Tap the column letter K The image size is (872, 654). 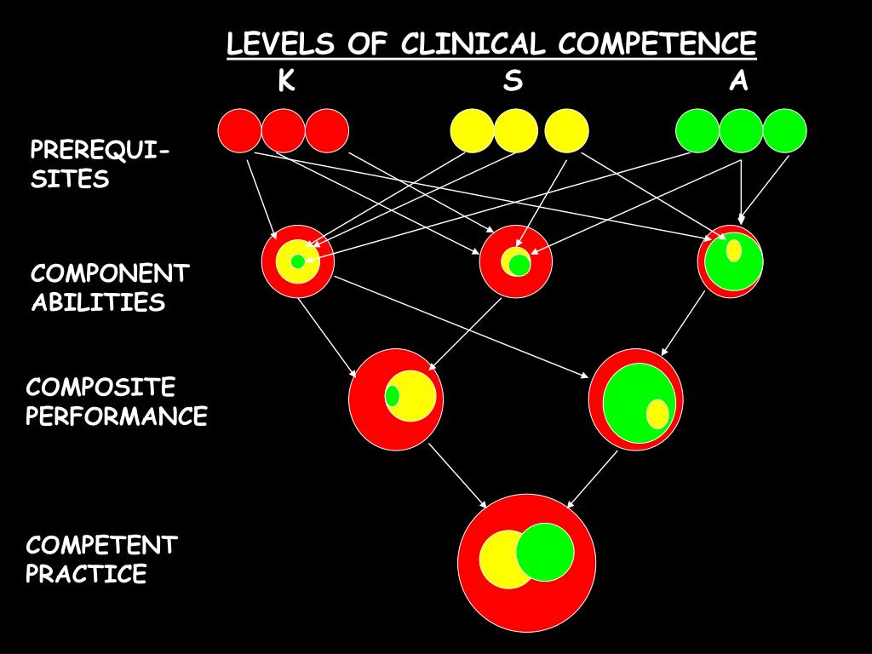click(286, 82)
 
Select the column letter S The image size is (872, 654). click(512, 82)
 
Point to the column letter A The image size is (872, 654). click(738, 82)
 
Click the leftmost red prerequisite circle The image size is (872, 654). click(239, 131)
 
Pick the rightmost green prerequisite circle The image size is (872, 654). click(784, 131)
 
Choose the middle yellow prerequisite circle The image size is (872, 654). click(516, 131)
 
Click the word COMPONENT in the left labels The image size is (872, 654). click(110, 273)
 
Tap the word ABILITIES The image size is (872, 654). click(98, 302)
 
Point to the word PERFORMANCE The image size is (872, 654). click(117, 416)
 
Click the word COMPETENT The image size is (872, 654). click(101, 545)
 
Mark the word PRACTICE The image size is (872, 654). click(86, 574)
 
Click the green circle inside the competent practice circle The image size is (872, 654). click(545, 552)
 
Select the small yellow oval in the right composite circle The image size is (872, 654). click(657, 414)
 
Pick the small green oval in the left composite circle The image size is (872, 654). click(392, 396)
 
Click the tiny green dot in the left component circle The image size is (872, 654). click(297, 261)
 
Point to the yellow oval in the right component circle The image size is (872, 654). click(733, 250)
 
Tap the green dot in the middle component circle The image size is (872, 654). click(519, 265)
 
